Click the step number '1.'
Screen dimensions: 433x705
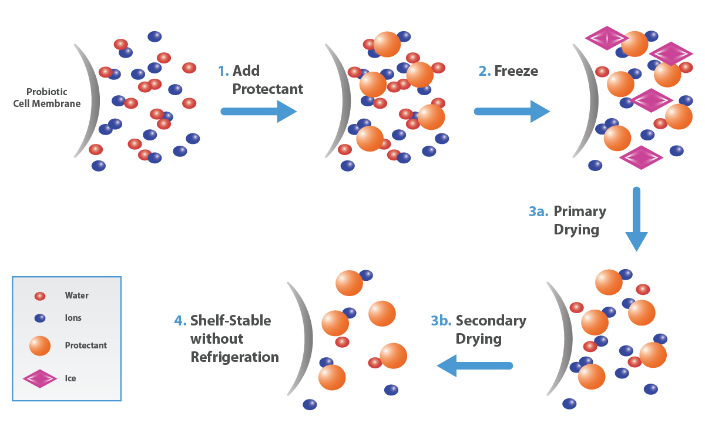click(223, 71)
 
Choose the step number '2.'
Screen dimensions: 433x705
click(484, 71)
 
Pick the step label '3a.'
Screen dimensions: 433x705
click(538, 212)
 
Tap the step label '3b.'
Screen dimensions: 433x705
click(441, 321)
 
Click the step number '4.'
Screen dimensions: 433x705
click(180, 321)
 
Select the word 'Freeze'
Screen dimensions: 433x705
click(516, 71)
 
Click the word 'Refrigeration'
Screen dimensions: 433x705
click(234, 357)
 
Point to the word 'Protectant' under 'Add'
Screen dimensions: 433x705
click(268, 89)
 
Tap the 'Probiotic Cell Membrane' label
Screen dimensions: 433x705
click(47, 98)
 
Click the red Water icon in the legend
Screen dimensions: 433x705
click(40, 296)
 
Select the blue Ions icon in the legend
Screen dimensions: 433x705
click(40, 318)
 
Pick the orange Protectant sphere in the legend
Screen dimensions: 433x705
click(40, 345)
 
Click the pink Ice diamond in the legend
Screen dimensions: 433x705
click(40, 378)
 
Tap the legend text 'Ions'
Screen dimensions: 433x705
click(73, 318)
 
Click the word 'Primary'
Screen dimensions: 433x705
click(580, 212)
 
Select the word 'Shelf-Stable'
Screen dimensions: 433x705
click(230, 321)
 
